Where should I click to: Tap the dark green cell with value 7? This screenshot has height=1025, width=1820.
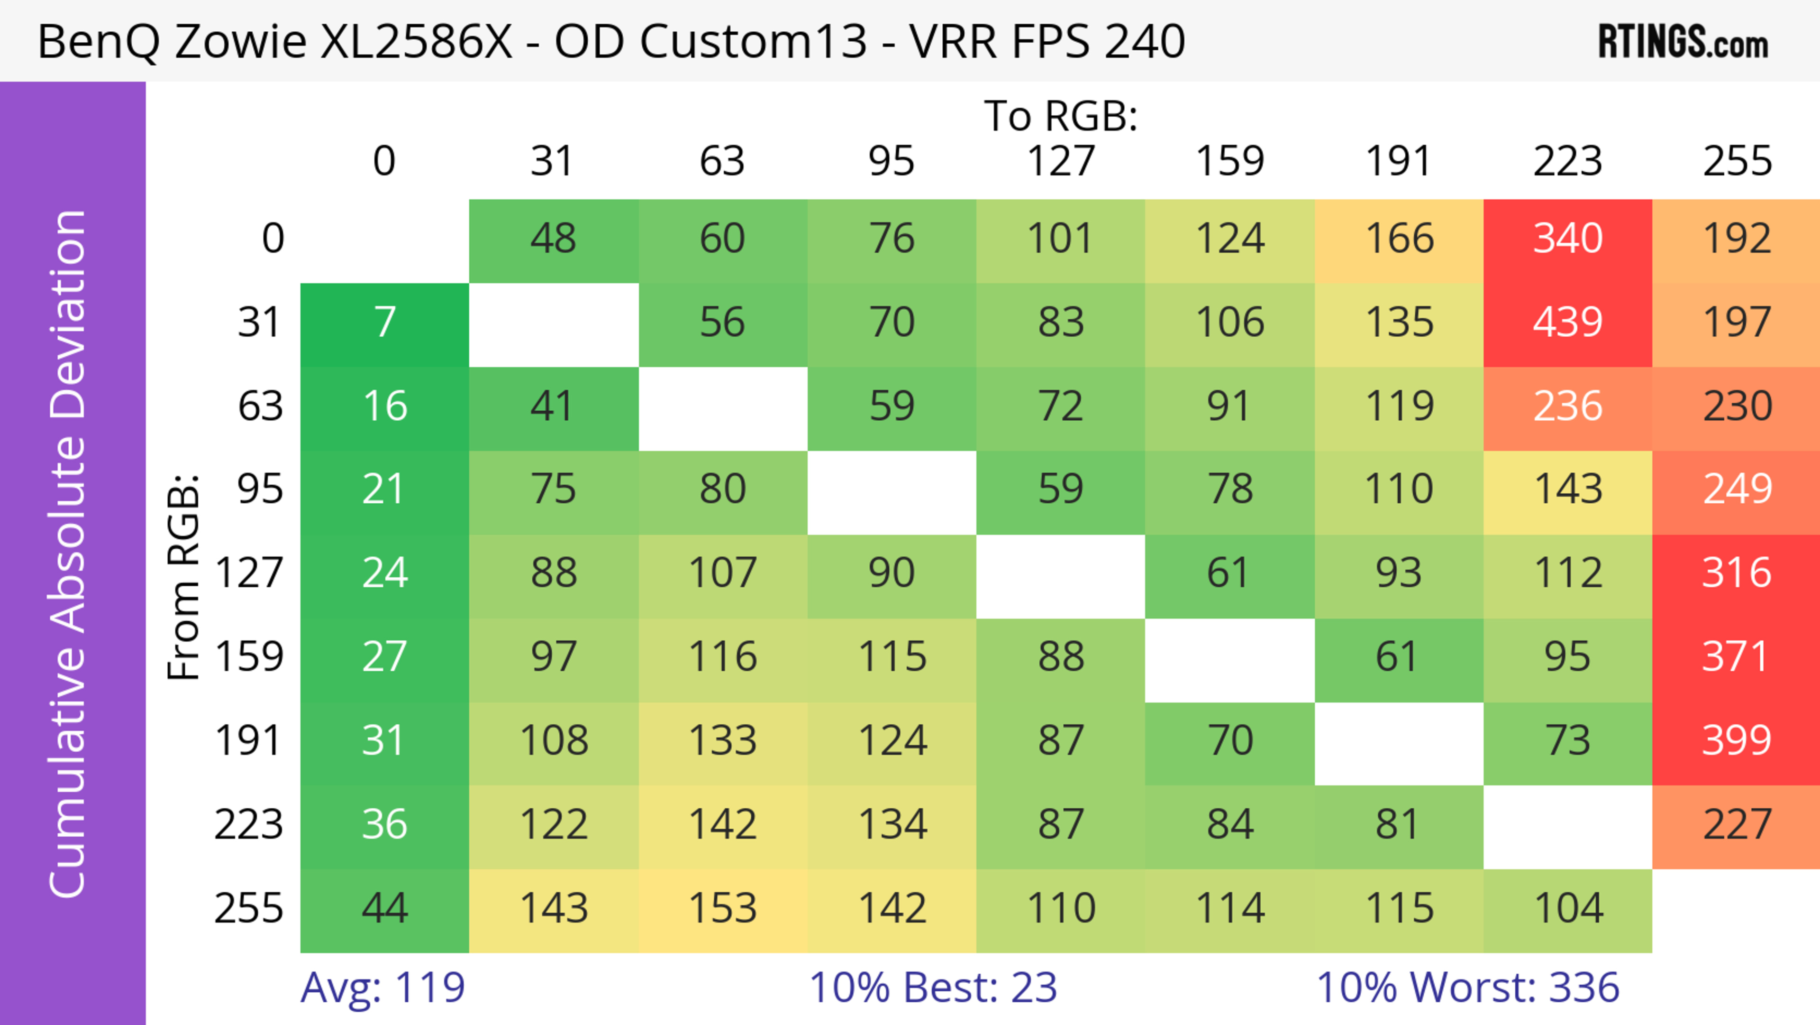384,323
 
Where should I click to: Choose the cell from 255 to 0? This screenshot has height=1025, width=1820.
384,908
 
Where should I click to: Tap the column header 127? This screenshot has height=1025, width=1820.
1061,161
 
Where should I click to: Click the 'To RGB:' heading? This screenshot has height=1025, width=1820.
1061,116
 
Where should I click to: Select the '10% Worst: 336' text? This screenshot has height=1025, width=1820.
1467,988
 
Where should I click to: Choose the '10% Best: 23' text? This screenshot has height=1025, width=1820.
933,988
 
